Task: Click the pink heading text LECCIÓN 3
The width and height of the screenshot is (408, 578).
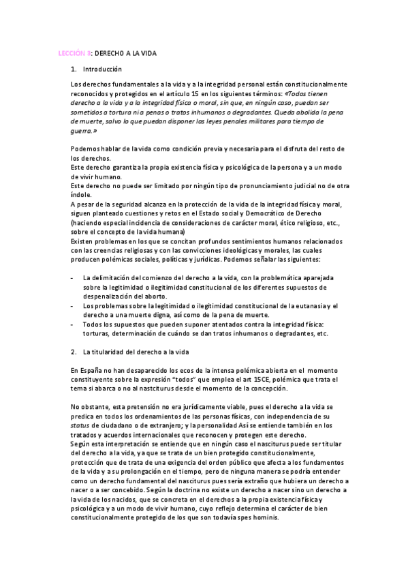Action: pyautogui.click(x=73, y=52)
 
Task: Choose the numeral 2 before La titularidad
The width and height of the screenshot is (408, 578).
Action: pyautogui.click(x=72, y=352)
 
